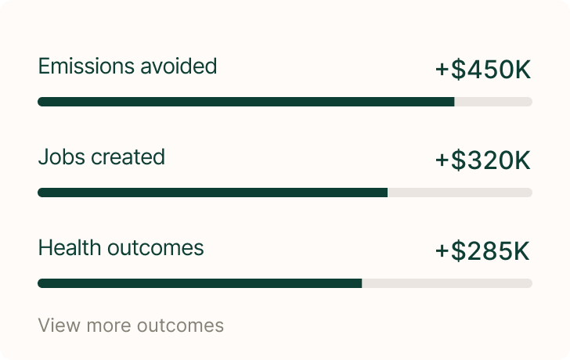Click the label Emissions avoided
[x=127, y=67]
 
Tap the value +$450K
[x=483, y=70]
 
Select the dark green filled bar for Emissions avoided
[x=246, y=102]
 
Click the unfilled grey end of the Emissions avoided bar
[x=493, y=102]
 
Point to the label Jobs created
[x=101, y=157]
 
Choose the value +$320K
[x=483, y=160]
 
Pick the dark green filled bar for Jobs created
[x=212, y=193]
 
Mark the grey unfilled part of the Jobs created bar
[x=460, y=193]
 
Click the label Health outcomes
[x=121, y=248]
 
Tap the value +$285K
[x=483, y=251]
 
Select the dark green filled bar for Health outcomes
[x=200, y=283]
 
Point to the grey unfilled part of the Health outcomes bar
[x=447, y=283]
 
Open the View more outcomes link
[x=131, y=326]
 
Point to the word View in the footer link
[x=56, y=326]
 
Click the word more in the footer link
[x=106, y=326]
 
